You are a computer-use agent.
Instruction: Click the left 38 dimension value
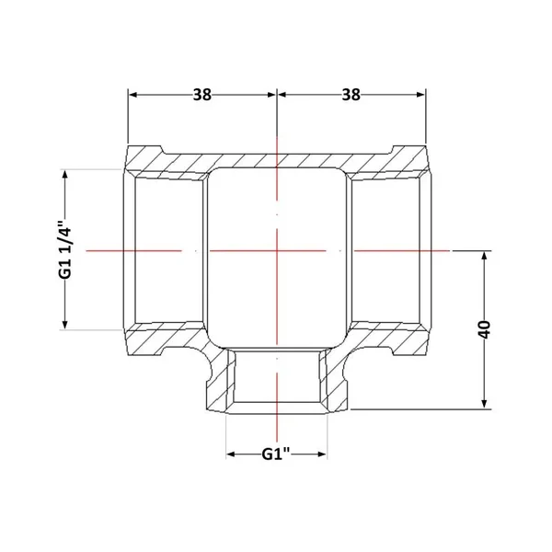202,95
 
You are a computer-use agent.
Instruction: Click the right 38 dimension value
351,95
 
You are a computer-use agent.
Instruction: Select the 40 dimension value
485,329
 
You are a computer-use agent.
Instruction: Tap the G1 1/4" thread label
65,249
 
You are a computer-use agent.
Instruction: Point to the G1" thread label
276,454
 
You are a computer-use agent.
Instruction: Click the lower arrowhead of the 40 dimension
485,404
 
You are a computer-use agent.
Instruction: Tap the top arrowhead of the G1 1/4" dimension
64,175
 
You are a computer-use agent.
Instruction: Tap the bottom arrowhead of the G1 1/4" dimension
64,324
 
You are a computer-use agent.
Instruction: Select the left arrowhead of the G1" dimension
231,454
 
